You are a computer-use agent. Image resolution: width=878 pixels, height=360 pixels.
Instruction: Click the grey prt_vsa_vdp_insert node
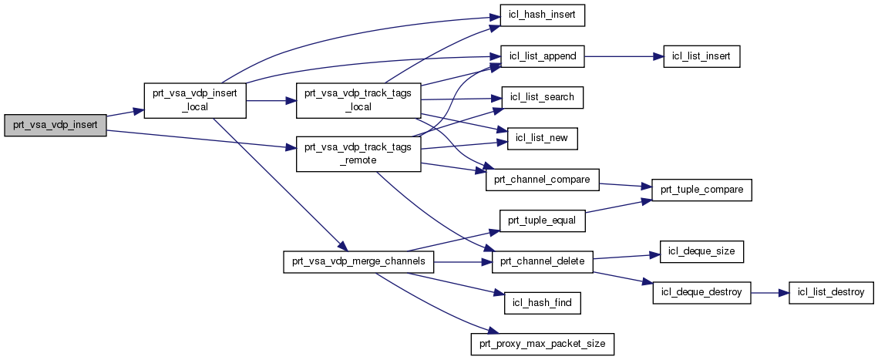click(55, 125)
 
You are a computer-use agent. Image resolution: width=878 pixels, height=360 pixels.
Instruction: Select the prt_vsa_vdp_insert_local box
click(195, 100)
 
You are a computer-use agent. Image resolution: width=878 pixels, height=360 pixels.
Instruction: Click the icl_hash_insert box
click(543, 15)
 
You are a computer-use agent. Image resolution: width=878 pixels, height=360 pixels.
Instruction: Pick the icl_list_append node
click(543, 56)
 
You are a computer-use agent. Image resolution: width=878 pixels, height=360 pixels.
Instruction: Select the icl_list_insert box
click(701, 56)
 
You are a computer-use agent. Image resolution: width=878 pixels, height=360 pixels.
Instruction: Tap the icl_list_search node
click(543, 98)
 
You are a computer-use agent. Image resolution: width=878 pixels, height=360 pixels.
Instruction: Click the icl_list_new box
click(543, 139)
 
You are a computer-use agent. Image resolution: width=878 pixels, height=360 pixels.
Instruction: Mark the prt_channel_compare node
click(543, 180)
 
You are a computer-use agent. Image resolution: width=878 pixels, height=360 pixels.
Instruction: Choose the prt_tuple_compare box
click(701, 190)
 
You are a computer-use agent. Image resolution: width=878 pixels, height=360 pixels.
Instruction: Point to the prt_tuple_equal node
click(543, 220)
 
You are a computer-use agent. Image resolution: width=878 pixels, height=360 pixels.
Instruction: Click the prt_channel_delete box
click(543, 262)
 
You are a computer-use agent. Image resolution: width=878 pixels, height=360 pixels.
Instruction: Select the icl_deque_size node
click(701, 252)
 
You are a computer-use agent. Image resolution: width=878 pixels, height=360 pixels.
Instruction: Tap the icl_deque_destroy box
click(701, 293)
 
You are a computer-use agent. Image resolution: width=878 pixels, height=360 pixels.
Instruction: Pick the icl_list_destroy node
click(826, 293)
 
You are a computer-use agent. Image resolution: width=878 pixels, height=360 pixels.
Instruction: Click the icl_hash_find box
click(543, 303)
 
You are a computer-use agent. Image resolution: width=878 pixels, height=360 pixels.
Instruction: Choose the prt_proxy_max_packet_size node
click(543, 344)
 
